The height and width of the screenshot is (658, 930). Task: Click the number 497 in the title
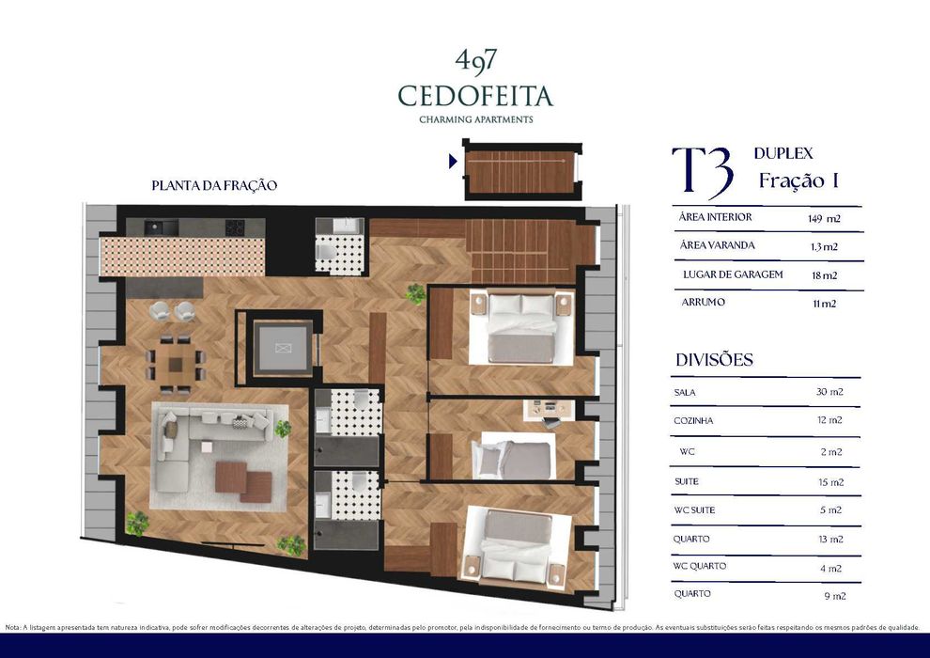(x=475, y=59)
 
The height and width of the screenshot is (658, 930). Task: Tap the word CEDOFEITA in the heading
(x=475, y=96)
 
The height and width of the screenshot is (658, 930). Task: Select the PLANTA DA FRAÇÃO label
(x=214, y=185)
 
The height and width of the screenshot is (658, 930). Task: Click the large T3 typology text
(x=703, y=169)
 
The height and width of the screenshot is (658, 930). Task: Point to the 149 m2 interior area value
(x=823, y=218)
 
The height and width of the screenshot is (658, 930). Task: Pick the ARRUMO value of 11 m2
(x=823, y=304)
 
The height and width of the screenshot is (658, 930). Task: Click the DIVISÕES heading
(x=714, y=360)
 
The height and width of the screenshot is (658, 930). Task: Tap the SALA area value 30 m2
(x=829, y=392)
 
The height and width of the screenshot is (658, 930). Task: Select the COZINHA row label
(x=693, y=421)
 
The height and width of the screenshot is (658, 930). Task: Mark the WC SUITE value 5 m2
(x=829, y=510)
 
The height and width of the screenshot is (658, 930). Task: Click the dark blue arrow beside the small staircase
(x=453, y=161)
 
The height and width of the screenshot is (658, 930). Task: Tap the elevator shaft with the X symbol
(x=283, y=348)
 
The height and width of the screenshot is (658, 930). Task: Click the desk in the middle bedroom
(x=548, y=409)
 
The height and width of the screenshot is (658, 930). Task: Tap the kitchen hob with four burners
(x=234, y=227)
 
